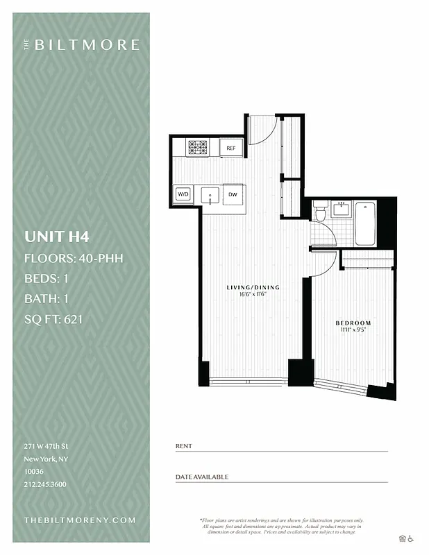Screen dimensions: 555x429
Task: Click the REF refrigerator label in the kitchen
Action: (230, 148)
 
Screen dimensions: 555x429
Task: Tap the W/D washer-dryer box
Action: (183, 194)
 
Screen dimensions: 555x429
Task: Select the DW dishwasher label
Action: (233, 194)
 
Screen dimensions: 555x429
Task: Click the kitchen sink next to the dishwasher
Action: (210, 195)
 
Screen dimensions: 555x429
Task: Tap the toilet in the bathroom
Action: (320, 212)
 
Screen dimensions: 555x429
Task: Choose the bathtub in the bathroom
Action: (365, 223)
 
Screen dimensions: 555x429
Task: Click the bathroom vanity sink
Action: (342, 208)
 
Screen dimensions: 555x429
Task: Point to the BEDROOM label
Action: (353, 323)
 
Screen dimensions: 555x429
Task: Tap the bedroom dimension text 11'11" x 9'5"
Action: (353, 331)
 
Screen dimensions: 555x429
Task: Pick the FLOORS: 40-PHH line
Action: (74, 259)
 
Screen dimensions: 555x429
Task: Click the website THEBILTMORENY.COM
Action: (80, 520)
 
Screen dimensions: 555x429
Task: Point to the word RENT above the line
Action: (183, 445)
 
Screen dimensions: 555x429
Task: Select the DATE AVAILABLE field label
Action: (201, 477)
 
